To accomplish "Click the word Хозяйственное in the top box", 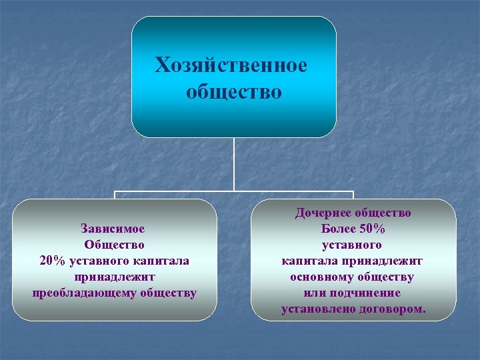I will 231,66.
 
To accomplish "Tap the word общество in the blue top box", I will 234,91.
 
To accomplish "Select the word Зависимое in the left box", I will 113,229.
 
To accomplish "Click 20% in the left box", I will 53,261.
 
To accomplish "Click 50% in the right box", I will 372,229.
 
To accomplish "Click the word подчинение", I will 369,293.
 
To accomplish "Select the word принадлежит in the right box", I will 383,261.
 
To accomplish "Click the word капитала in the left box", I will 161,261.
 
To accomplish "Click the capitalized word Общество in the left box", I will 114,245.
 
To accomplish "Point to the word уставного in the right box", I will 353,245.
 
